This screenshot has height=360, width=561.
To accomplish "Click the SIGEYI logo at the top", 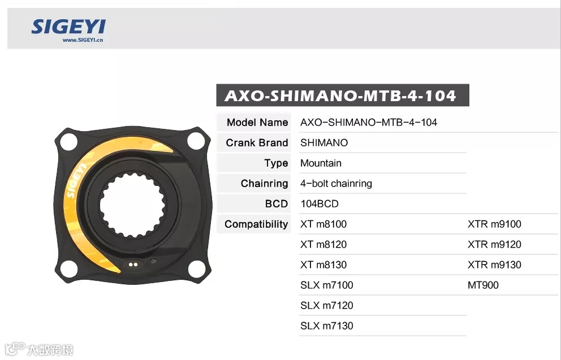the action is [x=68, y=27].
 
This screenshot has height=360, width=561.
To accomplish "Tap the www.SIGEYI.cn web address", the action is [x=83, y=40].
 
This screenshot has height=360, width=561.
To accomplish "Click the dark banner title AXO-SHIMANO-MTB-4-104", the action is [x=340, y=96].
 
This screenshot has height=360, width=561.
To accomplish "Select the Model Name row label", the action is [x=257, y=122].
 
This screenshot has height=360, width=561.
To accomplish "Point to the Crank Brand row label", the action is [x=257, y=142].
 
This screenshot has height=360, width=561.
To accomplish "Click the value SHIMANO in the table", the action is [x=324, y=142].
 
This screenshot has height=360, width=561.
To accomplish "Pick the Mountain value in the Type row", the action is [x=321, y=163].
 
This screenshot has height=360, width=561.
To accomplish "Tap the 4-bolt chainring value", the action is [x=336, y=184].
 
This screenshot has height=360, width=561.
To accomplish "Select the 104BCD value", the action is [x=320, y=204].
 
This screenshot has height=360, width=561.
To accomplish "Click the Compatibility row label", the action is [x=256, y=224].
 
